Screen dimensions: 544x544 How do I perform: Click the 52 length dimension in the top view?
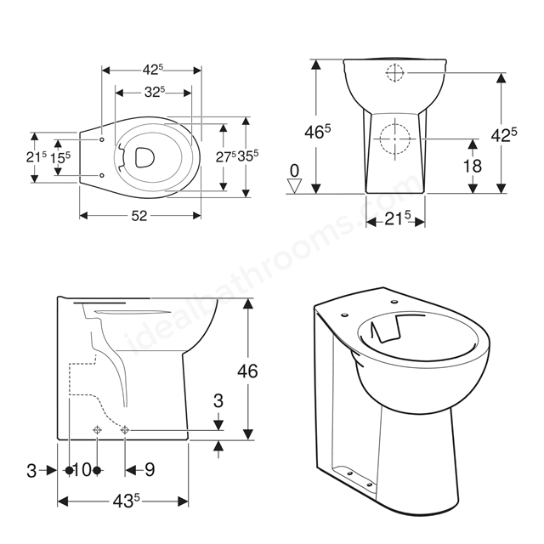point(139,216)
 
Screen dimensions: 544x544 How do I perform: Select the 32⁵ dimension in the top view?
point(155,92)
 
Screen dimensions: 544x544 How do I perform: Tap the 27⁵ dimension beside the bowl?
point(226,156)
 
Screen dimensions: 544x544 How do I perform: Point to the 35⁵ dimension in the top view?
point(248,156)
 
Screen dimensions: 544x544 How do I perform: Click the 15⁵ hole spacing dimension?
point(60,158)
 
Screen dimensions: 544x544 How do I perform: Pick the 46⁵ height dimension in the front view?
point(317,132)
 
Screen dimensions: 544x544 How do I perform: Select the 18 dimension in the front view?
point(473,166)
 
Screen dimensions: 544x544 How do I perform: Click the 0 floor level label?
point(294,171)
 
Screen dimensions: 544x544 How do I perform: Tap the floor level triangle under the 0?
point(295,186)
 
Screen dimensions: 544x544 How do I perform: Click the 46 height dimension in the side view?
point(247,371)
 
